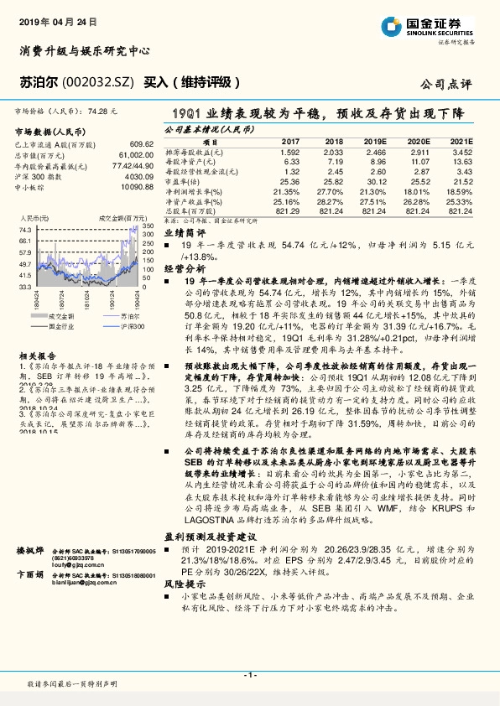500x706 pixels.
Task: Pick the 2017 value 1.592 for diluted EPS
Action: coord(290,152)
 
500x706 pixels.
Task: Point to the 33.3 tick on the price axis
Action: coord(25,286)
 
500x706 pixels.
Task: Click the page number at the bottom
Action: coord(249,675)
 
